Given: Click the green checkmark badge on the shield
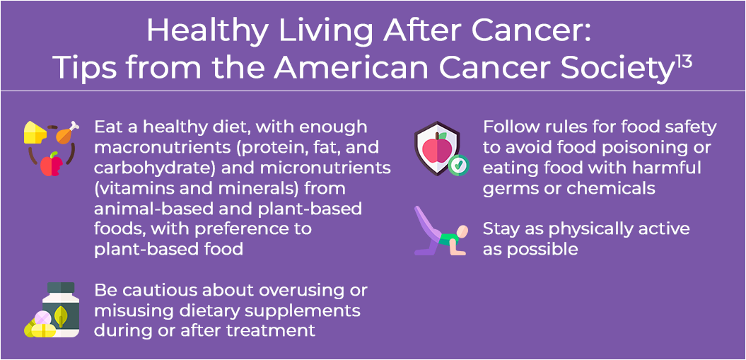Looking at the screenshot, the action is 459,165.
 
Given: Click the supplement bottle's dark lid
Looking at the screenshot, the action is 61,288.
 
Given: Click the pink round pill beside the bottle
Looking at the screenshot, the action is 42,318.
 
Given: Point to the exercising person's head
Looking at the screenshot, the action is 462,233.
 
